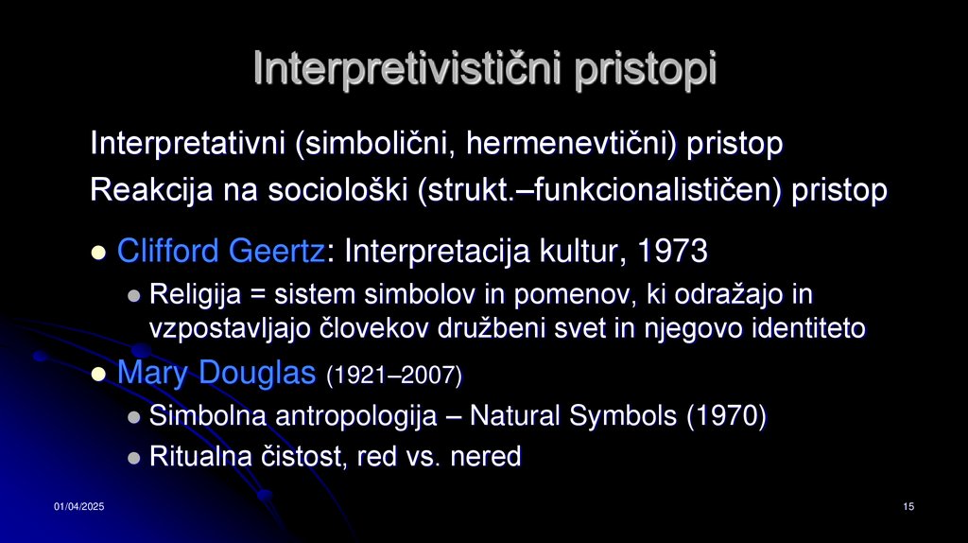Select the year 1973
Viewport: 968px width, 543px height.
673,251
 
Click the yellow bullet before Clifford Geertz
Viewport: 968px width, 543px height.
98,253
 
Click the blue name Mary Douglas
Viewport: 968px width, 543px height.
216,374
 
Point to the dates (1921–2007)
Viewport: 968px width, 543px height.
394,376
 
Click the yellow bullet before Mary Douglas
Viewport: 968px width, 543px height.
98,376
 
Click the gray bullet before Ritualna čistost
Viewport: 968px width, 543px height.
133,458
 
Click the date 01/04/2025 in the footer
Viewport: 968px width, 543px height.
78,509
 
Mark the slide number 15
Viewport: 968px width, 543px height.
908,509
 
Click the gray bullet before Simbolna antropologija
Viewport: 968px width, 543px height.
133,417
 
